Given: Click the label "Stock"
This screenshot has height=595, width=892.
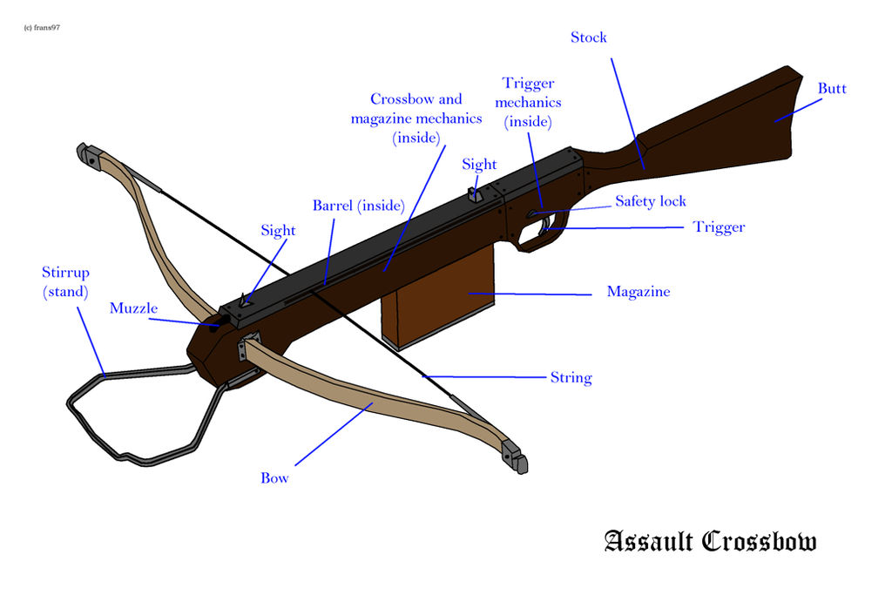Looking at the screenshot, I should click(x=588, y=37).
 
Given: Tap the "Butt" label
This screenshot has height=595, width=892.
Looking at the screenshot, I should click(x=832, y=89).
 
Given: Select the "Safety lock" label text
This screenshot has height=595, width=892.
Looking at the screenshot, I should click(x=651, y=201).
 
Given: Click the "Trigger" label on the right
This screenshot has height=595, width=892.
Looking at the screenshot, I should click(x=719, y=227).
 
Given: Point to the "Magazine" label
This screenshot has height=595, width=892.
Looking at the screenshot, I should click(x=639, y=292).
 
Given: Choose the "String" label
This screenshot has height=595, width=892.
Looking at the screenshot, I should click(x=571, y=378).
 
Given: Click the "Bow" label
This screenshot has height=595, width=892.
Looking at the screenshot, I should click(x=274, y=478).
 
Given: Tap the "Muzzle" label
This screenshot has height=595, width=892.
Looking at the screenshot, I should click(x=133, y=308).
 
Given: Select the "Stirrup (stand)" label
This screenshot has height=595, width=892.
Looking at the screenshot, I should click(x=65, y=282).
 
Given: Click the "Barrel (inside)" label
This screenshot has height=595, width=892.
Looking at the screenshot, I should click(x=359, y=206).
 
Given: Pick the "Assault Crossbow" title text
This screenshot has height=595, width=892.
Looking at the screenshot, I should click(x=710, y=541).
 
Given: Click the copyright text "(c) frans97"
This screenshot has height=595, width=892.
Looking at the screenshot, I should click(x=42, y=28).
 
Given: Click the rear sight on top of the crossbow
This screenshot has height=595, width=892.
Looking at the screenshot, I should click(x=476, y=193).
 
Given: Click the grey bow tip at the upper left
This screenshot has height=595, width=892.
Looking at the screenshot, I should click(x=88, y=154).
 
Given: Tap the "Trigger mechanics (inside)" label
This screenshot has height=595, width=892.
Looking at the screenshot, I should click(x=529, y=103).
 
